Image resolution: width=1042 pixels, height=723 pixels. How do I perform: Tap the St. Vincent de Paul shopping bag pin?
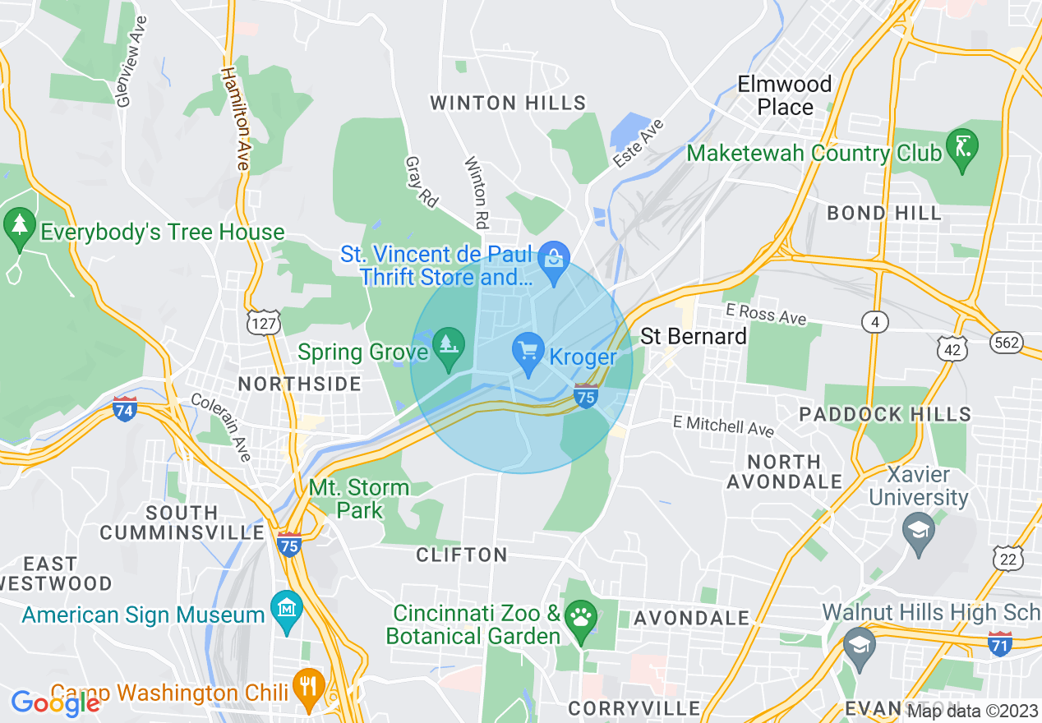[x=555, y=259]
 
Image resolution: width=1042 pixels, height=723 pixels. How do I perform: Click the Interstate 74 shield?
[x=124, y=408]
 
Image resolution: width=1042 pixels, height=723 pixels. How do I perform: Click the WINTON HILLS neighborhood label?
[x=509, y=103]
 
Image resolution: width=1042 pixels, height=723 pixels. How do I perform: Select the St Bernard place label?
[x=694, y=336]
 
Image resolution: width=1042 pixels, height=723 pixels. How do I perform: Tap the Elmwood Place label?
[x=785, y=95]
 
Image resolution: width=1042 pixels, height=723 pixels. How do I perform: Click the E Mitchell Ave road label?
[x=723, y=426]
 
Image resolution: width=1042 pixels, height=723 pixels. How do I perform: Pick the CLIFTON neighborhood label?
[x=462, y=555]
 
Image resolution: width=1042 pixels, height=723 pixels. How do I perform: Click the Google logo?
[x=54, y=703]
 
